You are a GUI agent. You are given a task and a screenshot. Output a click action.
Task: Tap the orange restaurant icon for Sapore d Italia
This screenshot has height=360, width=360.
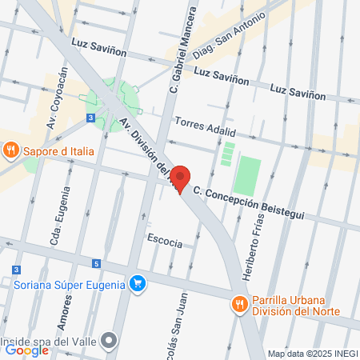coord(10,149)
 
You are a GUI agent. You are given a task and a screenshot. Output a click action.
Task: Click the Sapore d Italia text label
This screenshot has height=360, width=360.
coord(58,150)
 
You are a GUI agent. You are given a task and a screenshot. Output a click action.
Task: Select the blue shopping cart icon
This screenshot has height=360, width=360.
coord(138,283)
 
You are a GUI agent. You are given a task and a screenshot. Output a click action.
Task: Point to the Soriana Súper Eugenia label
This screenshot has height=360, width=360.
coord(70,284)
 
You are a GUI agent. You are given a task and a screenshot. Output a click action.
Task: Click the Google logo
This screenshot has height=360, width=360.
coord(26,350)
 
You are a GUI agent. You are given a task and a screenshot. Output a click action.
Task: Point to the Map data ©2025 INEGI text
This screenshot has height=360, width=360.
coord(312,353)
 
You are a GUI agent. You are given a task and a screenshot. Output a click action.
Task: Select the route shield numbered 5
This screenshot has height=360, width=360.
coord(96,263)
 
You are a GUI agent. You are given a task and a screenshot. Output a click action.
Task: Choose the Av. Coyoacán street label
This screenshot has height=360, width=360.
coord(58,98)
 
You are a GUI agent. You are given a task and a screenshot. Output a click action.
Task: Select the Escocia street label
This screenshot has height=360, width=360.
coord(165,241)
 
